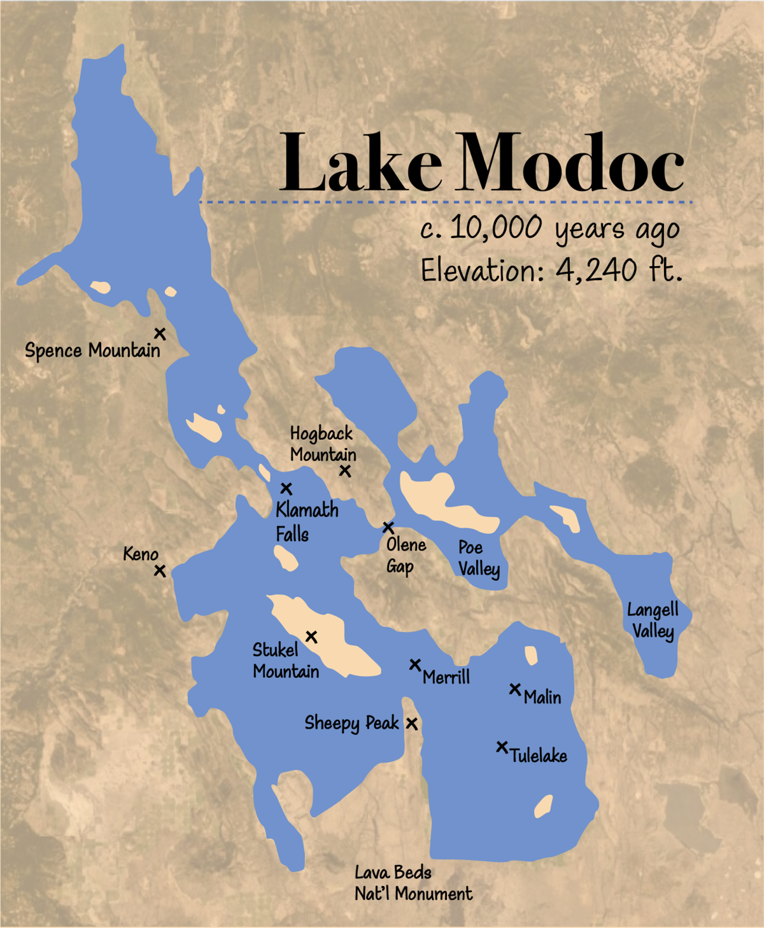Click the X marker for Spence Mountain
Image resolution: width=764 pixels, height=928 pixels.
coord(160,334)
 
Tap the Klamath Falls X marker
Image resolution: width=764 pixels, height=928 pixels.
coord(286,489)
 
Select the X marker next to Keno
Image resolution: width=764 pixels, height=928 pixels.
coord(160,571)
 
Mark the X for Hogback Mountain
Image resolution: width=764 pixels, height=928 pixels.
coord(345,471)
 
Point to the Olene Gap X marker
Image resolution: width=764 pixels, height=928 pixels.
coord(388,528)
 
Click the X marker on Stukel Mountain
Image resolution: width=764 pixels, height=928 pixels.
coord(311,636)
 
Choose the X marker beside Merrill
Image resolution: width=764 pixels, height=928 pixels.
coord(415,665)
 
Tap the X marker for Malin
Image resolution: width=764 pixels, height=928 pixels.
coord(515,689)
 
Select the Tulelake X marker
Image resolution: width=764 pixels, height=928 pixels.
coord(502,747)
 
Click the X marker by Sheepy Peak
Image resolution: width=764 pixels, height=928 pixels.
coord(412,724)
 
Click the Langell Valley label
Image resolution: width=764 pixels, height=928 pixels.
coord(653,621)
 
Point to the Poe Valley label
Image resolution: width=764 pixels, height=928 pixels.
coord(479,558)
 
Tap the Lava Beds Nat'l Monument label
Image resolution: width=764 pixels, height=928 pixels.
coord(413,883)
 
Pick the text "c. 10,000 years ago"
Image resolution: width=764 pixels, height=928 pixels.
coord(549,229)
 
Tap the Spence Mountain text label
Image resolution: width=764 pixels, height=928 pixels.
coord(92,351)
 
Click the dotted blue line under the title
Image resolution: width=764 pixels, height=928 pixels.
coord(446,202)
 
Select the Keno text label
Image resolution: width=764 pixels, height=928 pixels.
coord(141,554)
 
